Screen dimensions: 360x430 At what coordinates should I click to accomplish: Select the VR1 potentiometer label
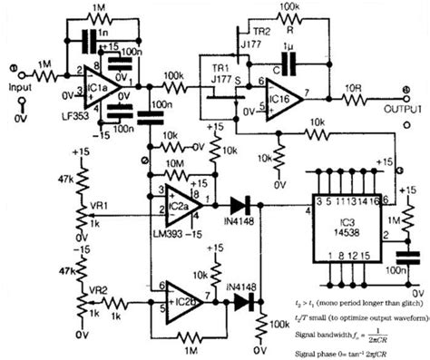pyautogui.click(x=103, y=203)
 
